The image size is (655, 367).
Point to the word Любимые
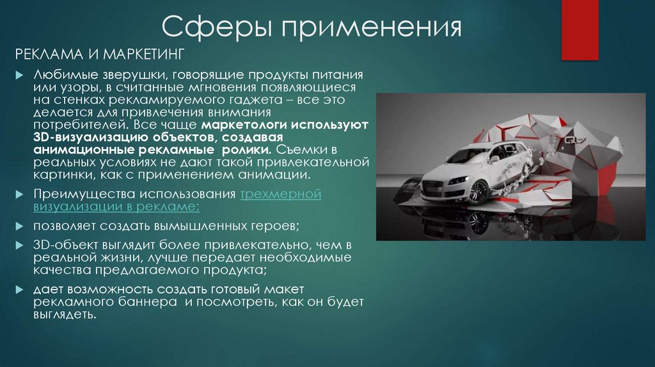61,75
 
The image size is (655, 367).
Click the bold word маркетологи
240,126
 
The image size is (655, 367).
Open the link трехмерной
281,194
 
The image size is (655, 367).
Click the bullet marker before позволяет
20,227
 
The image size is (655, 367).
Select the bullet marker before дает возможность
20,290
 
